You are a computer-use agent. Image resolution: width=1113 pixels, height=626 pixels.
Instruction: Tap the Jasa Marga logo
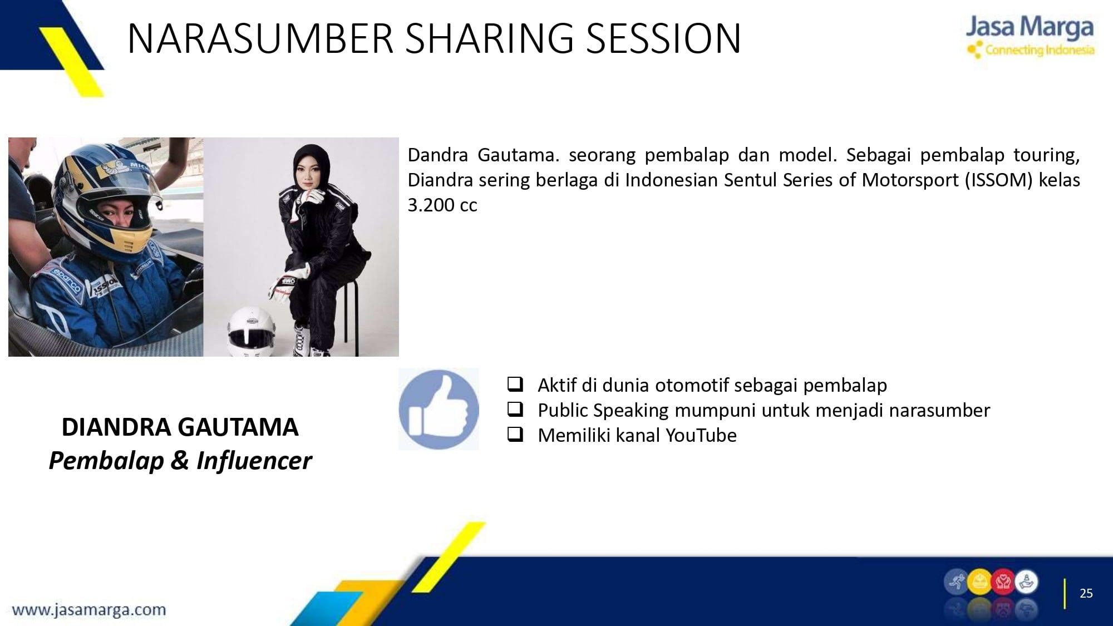(1030, 36)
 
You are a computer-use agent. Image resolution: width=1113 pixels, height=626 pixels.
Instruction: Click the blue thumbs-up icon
(439, 409)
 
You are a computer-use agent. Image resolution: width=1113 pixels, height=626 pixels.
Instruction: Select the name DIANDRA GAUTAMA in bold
(180, 427)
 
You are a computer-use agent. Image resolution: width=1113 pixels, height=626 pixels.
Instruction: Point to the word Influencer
(254, 461)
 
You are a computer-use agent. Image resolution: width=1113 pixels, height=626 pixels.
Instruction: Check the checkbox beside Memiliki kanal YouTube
(515, 434)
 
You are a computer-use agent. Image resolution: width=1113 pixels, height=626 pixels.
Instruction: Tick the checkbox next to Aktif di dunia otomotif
(515, 384)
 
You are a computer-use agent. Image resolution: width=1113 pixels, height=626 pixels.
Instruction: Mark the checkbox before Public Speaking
(515, 409)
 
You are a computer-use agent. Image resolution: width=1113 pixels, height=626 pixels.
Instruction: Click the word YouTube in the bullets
(701, 435)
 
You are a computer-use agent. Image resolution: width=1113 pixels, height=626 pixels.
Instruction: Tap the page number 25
(1086, 593)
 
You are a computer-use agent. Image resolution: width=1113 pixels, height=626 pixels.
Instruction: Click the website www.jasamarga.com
(89, 610)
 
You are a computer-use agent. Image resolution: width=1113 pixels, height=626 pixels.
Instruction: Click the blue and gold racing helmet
(106, 195)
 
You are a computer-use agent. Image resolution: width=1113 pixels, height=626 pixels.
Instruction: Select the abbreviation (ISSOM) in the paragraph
(999, 180)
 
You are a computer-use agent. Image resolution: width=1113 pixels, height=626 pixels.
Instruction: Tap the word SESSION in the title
(663, 38)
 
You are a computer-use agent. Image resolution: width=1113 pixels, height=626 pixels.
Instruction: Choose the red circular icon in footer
(1003, 583)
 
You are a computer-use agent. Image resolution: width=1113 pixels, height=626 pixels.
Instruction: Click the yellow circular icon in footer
(979, 583)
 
